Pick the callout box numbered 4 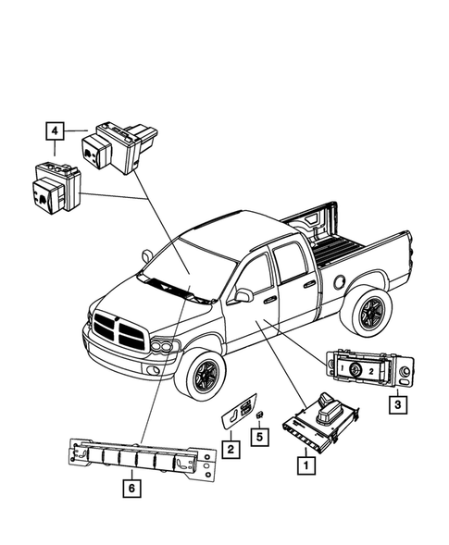[55, 130]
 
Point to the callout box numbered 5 [260, 436]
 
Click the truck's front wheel [200, 375]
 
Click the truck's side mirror [244, 295]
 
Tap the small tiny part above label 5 [260, 415]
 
